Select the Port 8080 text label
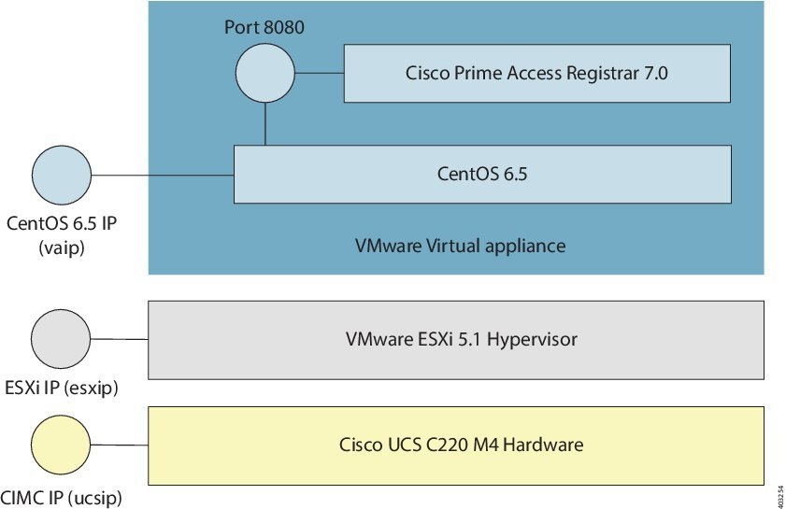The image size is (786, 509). click(264, 27)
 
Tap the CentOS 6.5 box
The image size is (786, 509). click(482, 174)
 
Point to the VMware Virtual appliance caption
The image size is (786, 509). click(461, 247)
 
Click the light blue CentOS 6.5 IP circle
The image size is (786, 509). click(61, 175)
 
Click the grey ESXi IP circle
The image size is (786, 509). click(61, 338)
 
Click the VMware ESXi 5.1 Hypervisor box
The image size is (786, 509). click(456, 339)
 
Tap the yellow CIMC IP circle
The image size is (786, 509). click(61, 444)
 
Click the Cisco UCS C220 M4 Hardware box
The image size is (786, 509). click(456, 445)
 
